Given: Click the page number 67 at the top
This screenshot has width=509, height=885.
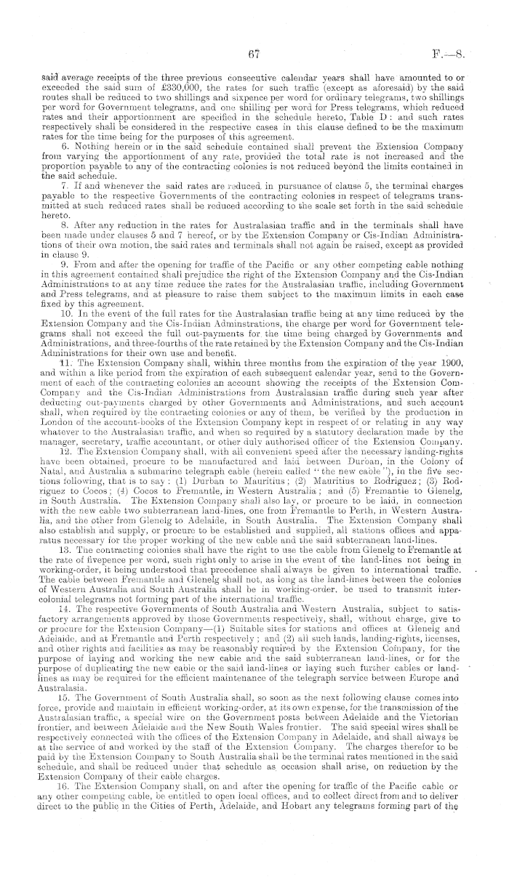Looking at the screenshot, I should pyautogui.click(x=254, y=53).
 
